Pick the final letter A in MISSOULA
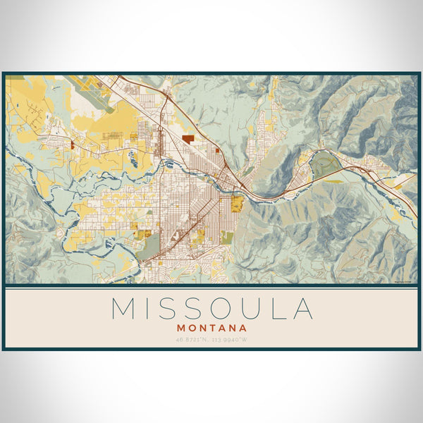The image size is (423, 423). (301, 309)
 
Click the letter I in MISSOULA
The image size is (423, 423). (146, 309)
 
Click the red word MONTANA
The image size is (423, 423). (211, 328)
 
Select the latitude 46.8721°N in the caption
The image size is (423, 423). (192, 340)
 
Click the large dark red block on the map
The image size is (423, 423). (188, 139)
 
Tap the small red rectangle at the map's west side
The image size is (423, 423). (72, 145)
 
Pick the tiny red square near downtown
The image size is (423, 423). (218, 150)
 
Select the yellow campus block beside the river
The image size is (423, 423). (237, 203)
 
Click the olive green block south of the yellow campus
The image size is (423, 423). (226, 238)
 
